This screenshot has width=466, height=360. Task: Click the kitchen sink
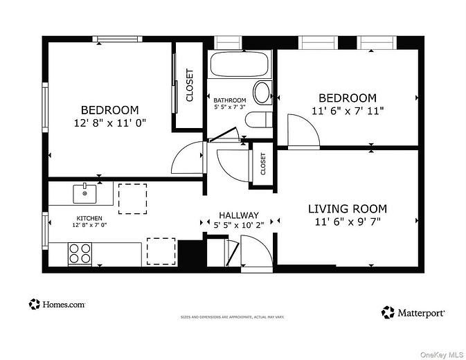[84, 193]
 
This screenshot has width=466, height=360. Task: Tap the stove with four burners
[80, 254]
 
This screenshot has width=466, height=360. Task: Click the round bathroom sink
[262, 92]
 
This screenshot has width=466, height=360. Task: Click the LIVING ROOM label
[347, 208]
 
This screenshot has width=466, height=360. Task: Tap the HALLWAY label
[239, 215]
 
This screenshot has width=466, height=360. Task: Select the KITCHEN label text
[89, 217]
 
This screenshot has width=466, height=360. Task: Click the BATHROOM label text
[229, 100]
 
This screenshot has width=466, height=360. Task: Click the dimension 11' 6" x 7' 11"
[347, 110]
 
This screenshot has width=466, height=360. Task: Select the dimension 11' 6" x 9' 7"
[347, 222]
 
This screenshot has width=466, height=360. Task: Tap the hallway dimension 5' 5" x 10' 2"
[239, 225]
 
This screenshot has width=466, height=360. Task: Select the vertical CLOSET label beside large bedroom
[189, 85]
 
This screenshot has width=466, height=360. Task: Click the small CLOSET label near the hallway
[262, 164]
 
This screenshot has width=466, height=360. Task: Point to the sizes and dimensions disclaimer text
[233, 317]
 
